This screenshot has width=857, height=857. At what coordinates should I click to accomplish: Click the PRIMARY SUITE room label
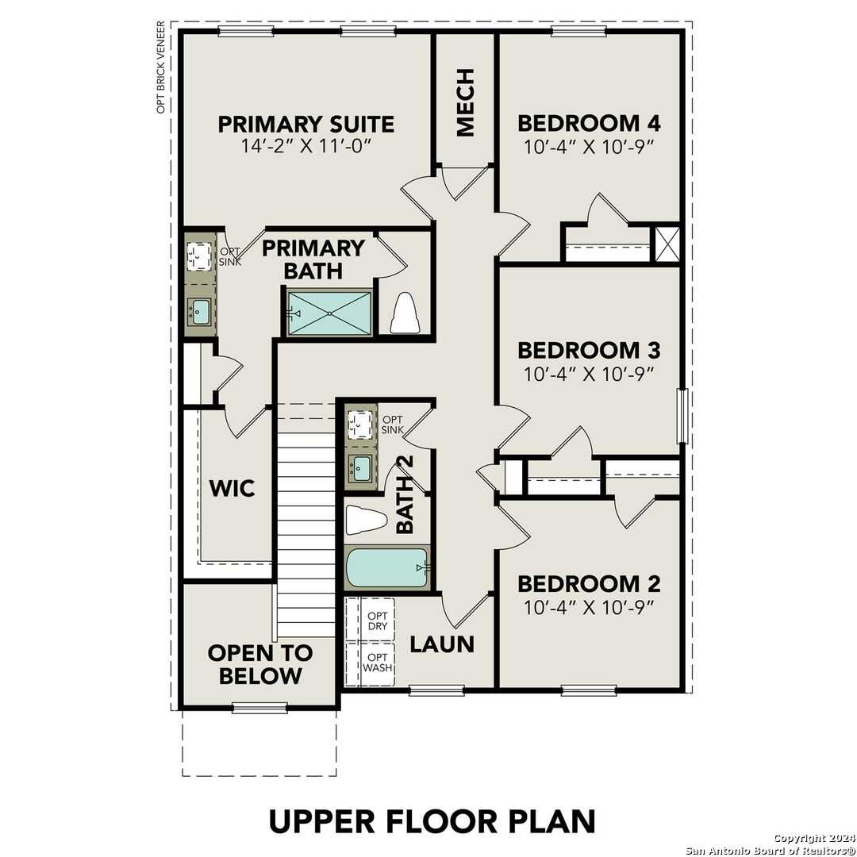(306, 125)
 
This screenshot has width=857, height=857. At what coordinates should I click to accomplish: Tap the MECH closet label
(464, 102)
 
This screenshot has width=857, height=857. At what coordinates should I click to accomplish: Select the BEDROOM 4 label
(589, 124)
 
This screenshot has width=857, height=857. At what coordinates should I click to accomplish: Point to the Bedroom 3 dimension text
(589, 374)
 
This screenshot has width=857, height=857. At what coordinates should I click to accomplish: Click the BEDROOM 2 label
(589, 584)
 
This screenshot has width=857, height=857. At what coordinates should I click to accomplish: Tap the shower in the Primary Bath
(329, 313)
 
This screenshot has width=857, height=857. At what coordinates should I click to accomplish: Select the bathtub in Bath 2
(387, 567)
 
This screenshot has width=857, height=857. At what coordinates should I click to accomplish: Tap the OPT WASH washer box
(377, 663)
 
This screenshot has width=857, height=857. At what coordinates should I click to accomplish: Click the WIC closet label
(232, 488)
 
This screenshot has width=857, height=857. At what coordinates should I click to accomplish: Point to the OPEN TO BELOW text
(260, 665)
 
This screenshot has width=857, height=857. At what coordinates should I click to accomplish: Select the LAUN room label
(442, 644)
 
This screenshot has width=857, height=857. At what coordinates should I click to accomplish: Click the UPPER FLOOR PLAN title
(432, 820)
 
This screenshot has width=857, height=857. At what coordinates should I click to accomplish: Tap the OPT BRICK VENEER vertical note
(160, 67)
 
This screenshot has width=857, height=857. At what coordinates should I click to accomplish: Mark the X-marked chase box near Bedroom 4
(665, 243)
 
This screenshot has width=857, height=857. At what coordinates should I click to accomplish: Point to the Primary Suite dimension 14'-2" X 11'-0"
(306, 147)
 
